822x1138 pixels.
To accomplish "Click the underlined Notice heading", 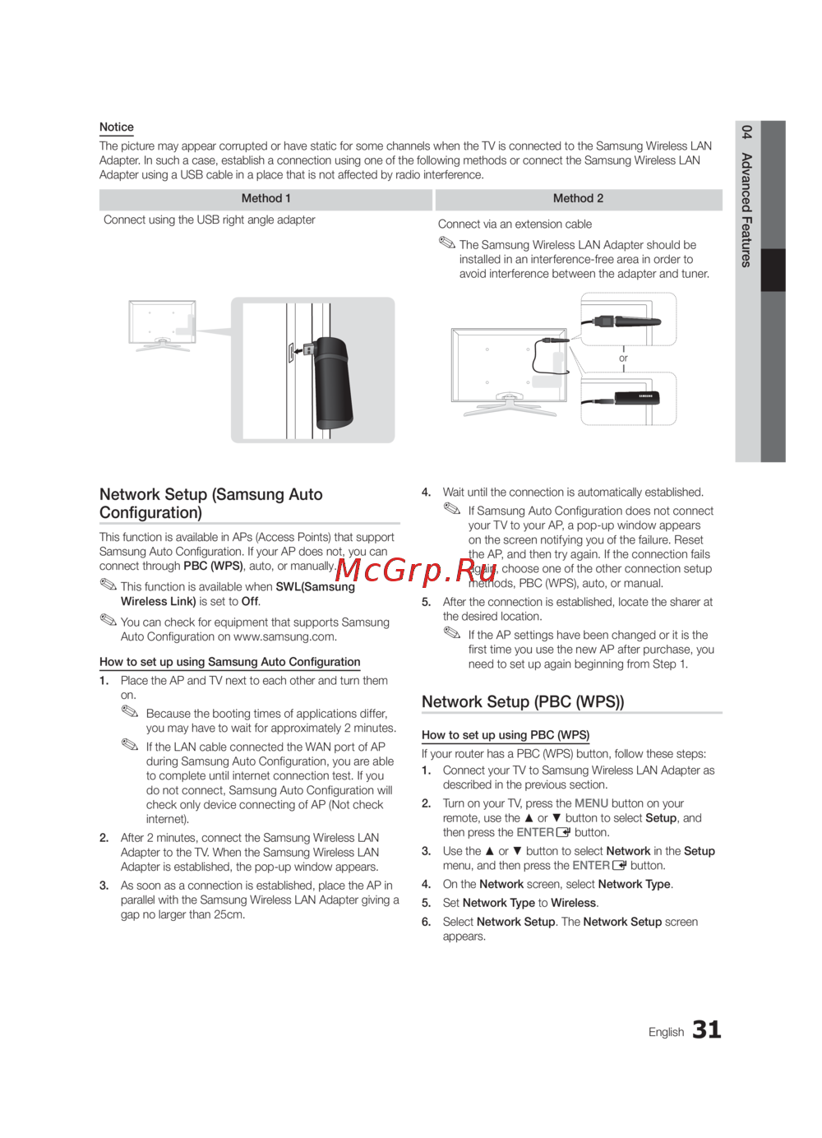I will click(x=117, y=127).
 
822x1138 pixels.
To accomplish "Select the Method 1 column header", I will click(x=266, y=199).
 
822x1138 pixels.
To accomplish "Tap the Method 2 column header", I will click(x=578, y=199).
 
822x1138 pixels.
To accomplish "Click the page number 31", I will click(x=706, y=1029).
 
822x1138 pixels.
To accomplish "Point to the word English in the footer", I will click(x=666, y=1032).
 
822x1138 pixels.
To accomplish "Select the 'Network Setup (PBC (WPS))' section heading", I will click(x=523, y=702).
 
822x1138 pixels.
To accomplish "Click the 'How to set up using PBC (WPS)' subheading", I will click(x=506, y=735).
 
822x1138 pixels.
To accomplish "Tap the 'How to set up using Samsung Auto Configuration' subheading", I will click(x=230, y=662).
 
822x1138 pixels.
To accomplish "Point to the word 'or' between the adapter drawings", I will click(x=623, y=359).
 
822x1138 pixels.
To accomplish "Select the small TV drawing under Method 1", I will click(x=162, y=326).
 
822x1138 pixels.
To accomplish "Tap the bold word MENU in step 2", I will click(x=591, y=803).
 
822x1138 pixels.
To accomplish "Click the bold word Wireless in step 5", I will click(x=573, y=903).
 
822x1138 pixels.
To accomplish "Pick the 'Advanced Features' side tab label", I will click(x=746, y=210).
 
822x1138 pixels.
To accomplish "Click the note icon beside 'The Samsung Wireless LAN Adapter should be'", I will click(x=446, y=243).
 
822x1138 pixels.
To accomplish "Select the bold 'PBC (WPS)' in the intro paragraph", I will click(x=213, y=567).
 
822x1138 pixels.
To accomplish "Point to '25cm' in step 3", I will click(x=228, y=915).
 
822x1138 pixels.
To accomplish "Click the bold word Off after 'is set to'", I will click(x=250, y=602).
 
